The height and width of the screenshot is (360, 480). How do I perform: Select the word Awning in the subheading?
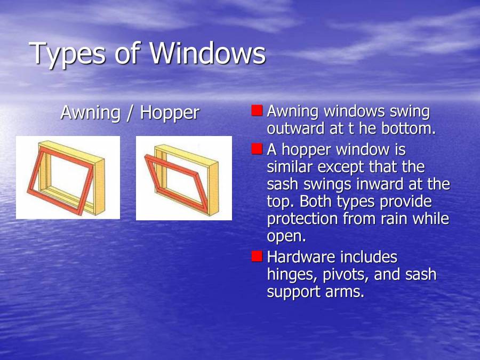tap(90, 113)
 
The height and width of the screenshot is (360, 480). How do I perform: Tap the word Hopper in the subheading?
tap(170, 113)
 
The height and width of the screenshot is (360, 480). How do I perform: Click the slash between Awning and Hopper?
tap(130, 113)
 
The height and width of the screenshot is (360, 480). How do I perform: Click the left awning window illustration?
tap(68, 178)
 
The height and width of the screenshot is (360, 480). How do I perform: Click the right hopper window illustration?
tap(183, 178)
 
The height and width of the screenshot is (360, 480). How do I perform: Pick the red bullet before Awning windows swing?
tap(257, 110)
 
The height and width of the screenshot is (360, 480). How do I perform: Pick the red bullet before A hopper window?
tap(257, 149)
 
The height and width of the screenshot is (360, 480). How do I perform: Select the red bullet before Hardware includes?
tap(257, 257)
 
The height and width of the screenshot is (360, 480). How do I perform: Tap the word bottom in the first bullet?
tap(409, 129)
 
